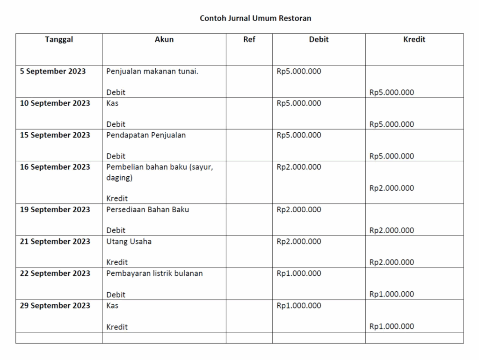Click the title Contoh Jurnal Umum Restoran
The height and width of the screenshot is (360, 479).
pyautogui.click(x=255, y=18)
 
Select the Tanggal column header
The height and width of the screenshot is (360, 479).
pyautogui.click(x=59, y=40)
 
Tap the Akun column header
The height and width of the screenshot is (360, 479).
pyautogui.click(x=164, y=40)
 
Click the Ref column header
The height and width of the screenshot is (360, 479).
pyautogui.click(x=249, y=40)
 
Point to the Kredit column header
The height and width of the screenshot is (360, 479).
pyautogui.click(x=414, y=40)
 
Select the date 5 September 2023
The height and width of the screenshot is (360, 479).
pyautogui.click(x=53, y=72)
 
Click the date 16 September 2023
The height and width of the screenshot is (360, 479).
pyautogui.click(x=55, y=167)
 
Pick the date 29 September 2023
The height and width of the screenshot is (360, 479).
pyautogui.click(x=55, y=306)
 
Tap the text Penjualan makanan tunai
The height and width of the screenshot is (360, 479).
pyautogui.click(x=152, y=72)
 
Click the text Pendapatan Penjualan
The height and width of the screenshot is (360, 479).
pyautogui.click(x=146, y=135)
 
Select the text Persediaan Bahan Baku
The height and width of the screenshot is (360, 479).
pyautogui.click(x=148, y=209)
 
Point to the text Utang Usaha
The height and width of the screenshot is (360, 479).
pyautogui.click(x=129, y=242)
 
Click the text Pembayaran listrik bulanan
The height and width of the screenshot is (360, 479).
pyautogui.click(x=154, y=274)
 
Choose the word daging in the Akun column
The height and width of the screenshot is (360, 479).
pyautogui.click(x=119, y=178)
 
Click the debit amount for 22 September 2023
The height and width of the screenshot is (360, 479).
pyautogui.click(x=299, y=274)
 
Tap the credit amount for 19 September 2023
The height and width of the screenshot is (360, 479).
pyautogui.click(x=392, y=230)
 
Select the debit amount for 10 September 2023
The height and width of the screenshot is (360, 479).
pyautogui.click(x=299, y=103)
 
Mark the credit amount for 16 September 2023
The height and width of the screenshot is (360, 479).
pyautogui.click(x=392, y=188)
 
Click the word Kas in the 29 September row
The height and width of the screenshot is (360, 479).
pyautogui.click(x=112, y=306)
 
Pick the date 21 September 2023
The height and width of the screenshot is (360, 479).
pyautogui.click(x=55, y=242)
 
